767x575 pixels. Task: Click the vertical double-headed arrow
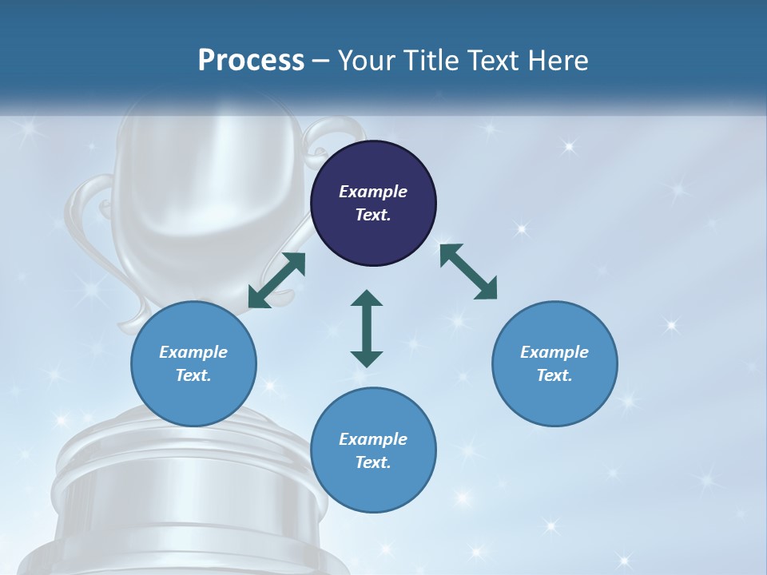(367, 328)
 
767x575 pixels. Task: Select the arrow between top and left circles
(276, 280)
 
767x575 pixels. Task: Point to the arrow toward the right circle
(468, 272)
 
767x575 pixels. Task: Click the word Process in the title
(251, 60)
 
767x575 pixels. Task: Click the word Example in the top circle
(373, 192)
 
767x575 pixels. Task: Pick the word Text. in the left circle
(193, 375)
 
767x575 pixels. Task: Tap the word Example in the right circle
(554, 352)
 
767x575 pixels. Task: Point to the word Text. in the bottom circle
(373, 462)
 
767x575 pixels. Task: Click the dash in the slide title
(321, 61)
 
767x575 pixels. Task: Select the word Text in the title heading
(492, 60)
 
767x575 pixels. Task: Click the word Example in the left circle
(193, 352)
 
